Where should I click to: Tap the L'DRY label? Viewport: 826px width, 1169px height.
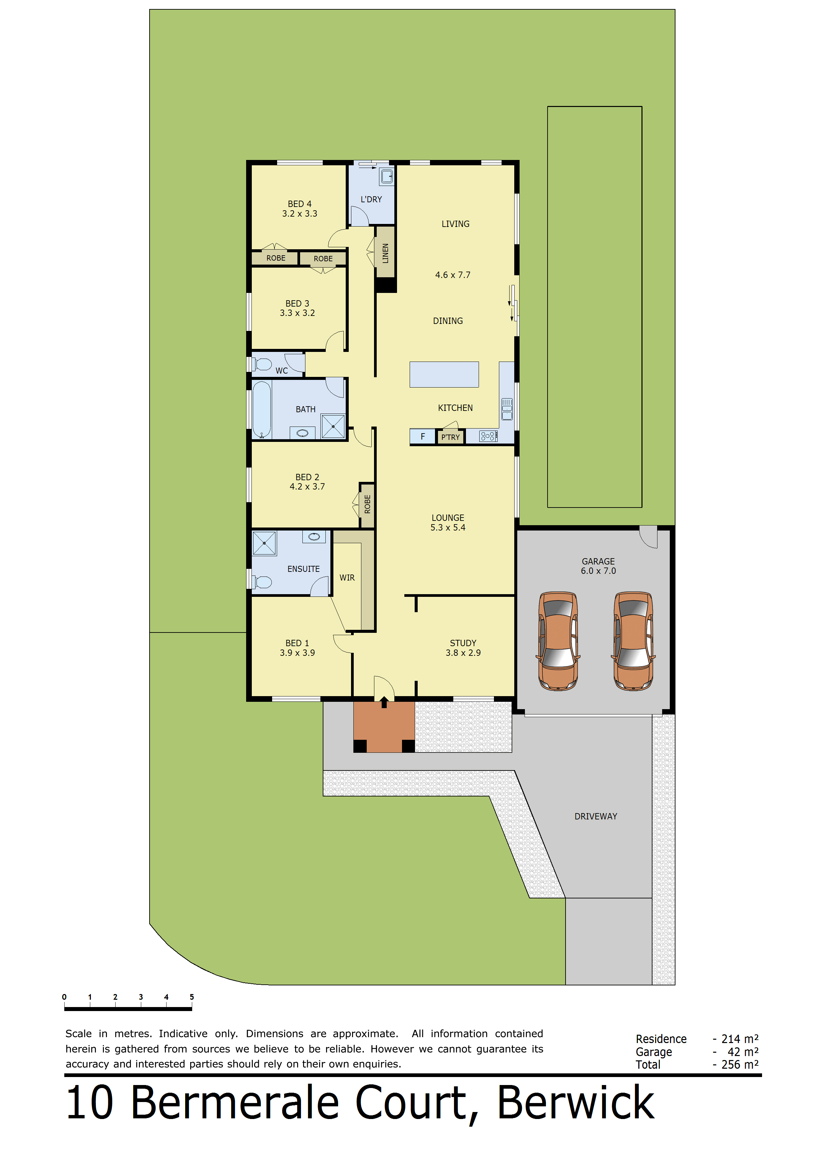tap(371, 199)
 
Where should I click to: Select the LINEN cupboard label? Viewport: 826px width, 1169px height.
tap(385, 253)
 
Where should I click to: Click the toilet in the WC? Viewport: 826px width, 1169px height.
tap(261, 364)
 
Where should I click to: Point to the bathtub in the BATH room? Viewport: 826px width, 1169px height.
tap(261, 409)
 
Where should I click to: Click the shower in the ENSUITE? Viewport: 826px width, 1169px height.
tap(264, 543)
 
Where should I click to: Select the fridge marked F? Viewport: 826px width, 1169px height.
tap(422, 436)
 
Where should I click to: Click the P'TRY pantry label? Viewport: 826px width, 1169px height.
tap(450, 437)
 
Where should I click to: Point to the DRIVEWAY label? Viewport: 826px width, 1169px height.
tap(596, 816)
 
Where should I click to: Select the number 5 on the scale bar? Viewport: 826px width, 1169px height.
tap(192, 996)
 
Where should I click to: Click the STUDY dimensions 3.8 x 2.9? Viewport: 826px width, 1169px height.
tap(463, 653)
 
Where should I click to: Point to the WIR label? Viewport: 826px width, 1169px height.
tap(347, 578)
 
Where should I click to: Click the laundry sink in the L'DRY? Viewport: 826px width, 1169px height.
tap(387, 176)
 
